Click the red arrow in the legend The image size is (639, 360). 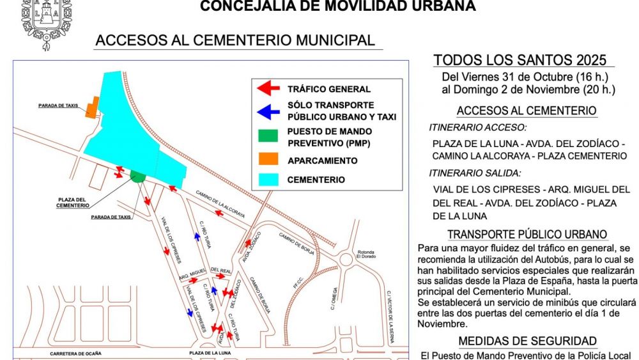268,88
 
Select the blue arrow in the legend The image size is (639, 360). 268,111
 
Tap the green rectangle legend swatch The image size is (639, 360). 268,136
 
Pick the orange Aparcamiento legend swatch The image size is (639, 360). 268,159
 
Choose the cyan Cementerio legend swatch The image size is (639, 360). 268,180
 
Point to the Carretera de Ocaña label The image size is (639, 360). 76,353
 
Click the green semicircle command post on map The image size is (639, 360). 137,176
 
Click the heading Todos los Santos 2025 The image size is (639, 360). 520,61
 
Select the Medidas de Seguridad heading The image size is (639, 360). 527,341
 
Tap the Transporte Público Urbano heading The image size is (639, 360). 527,235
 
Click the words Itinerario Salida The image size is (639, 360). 475,173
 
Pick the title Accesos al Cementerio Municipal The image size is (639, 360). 235,40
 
